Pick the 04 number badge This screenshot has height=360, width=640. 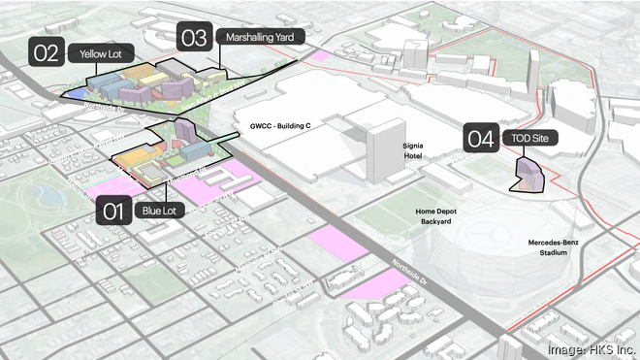point(481,139)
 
